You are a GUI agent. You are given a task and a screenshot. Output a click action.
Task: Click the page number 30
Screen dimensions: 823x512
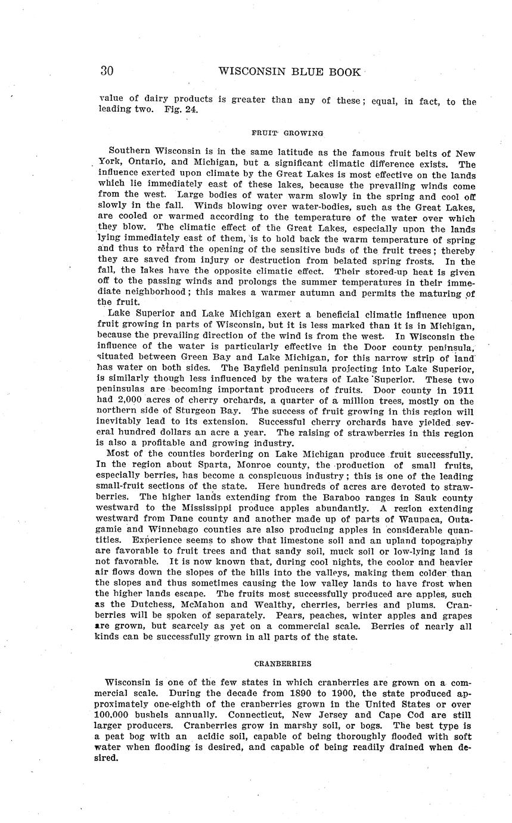107,71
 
